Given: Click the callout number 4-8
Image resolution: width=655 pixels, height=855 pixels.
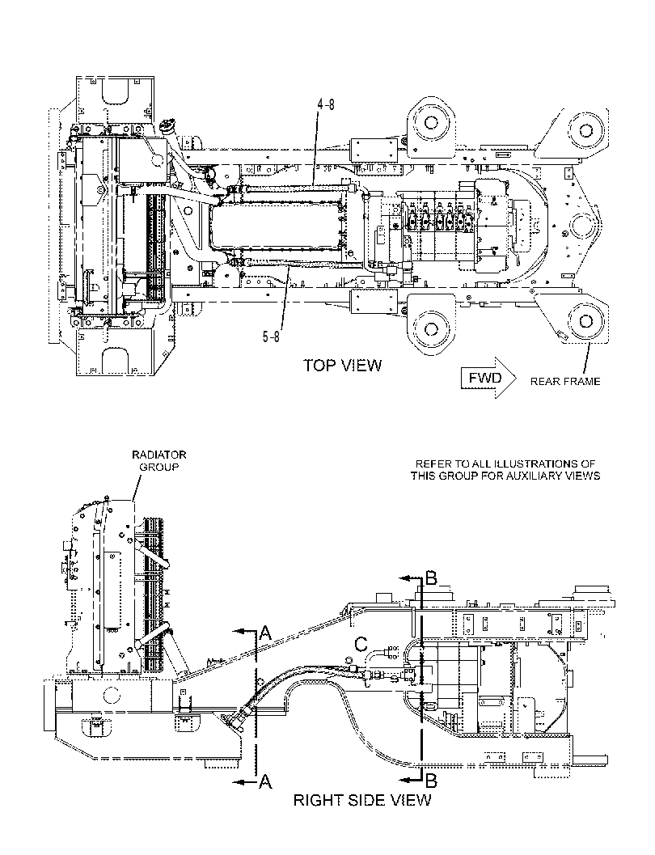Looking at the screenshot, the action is click(327, 104).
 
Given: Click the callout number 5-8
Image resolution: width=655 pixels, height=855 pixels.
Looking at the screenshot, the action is click(271, 337).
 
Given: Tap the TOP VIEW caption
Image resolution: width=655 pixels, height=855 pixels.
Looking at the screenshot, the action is click(343, 366).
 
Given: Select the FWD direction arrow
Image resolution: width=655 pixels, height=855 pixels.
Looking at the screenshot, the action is click(488, 378).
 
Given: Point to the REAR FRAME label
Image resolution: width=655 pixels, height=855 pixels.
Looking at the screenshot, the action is click(565, 381).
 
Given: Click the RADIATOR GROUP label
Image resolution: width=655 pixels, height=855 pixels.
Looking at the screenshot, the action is click(159, 461).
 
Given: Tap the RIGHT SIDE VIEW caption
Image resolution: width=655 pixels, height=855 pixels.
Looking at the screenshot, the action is click(361, 801).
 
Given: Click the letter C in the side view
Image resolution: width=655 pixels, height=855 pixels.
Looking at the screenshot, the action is click(361, 645).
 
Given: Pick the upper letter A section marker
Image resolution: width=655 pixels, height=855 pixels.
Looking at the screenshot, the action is click(265, 633).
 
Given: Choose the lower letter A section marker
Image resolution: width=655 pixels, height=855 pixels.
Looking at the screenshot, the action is click(265, 782).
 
